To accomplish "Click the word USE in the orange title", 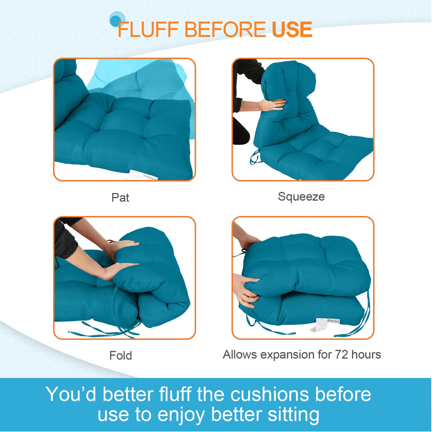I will (292, 30).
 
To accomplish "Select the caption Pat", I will (120, 197).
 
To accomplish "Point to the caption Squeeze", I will (301, 197).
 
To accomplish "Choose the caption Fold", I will (121, 355).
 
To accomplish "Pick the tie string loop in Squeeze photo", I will (255, 158).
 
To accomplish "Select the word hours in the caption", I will (366, 354).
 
